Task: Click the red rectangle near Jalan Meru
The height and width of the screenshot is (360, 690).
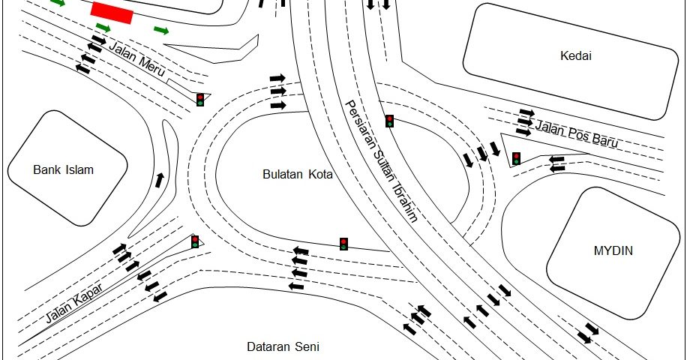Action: pos(112,13)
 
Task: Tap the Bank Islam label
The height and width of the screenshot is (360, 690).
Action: pos(63,170)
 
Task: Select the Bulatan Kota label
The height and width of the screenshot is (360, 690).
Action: pos(298,174)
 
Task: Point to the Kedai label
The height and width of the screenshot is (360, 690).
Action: pos(575,56)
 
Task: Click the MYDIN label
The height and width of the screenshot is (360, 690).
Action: pos(613,250)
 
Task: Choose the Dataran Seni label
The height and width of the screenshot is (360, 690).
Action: pos(283,346)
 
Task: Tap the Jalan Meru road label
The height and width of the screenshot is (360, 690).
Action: pos(136,59)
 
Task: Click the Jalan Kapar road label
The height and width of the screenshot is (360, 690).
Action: pos(74,303)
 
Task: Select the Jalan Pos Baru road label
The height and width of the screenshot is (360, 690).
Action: pos(577,133)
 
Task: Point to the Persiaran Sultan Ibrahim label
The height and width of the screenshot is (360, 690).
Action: pos(381,161)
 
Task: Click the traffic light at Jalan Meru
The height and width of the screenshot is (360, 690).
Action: pos(200,100)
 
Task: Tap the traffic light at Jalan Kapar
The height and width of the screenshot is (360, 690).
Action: pos(195,241)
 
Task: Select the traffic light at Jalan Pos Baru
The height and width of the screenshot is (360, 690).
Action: pos(516,158)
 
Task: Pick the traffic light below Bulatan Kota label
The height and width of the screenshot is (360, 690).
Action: pos(343,244)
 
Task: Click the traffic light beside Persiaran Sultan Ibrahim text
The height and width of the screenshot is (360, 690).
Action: pos(389,121)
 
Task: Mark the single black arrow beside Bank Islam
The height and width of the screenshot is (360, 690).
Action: pos(159,180)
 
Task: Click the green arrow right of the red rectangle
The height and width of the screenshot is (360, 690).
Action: pos(161,30)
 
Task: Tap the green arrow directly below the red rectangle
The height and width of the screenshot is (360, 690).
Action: pos(103,28)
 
